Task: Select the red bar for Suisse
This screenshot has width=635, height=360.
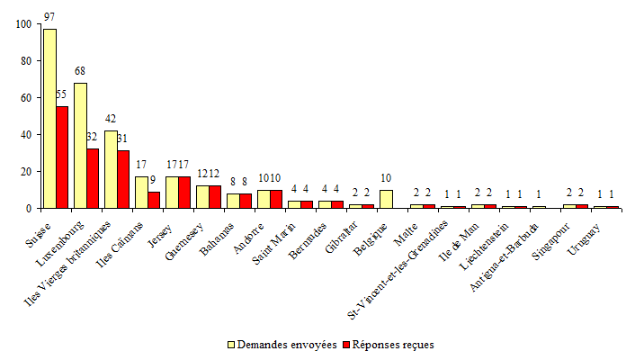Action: coord(62,157)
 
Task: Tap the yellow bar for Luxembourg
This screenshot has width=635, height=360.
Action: coord(80,145)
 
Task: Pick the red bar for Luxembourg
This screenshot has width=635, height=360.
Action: coord(93,178)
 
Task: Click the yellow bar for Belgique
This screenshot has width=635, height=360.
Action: coord(386,199)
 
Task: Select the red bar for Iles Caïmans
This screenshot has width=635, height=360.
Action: coord(154,200)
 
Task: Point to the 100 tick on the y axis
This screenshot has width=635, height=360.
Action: coord(21,24)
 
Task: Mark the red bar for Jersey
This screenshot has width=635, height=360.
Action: coord(184,193)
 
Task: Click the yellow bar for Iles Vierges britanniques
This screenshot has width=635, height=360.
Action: coord(111,169)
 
